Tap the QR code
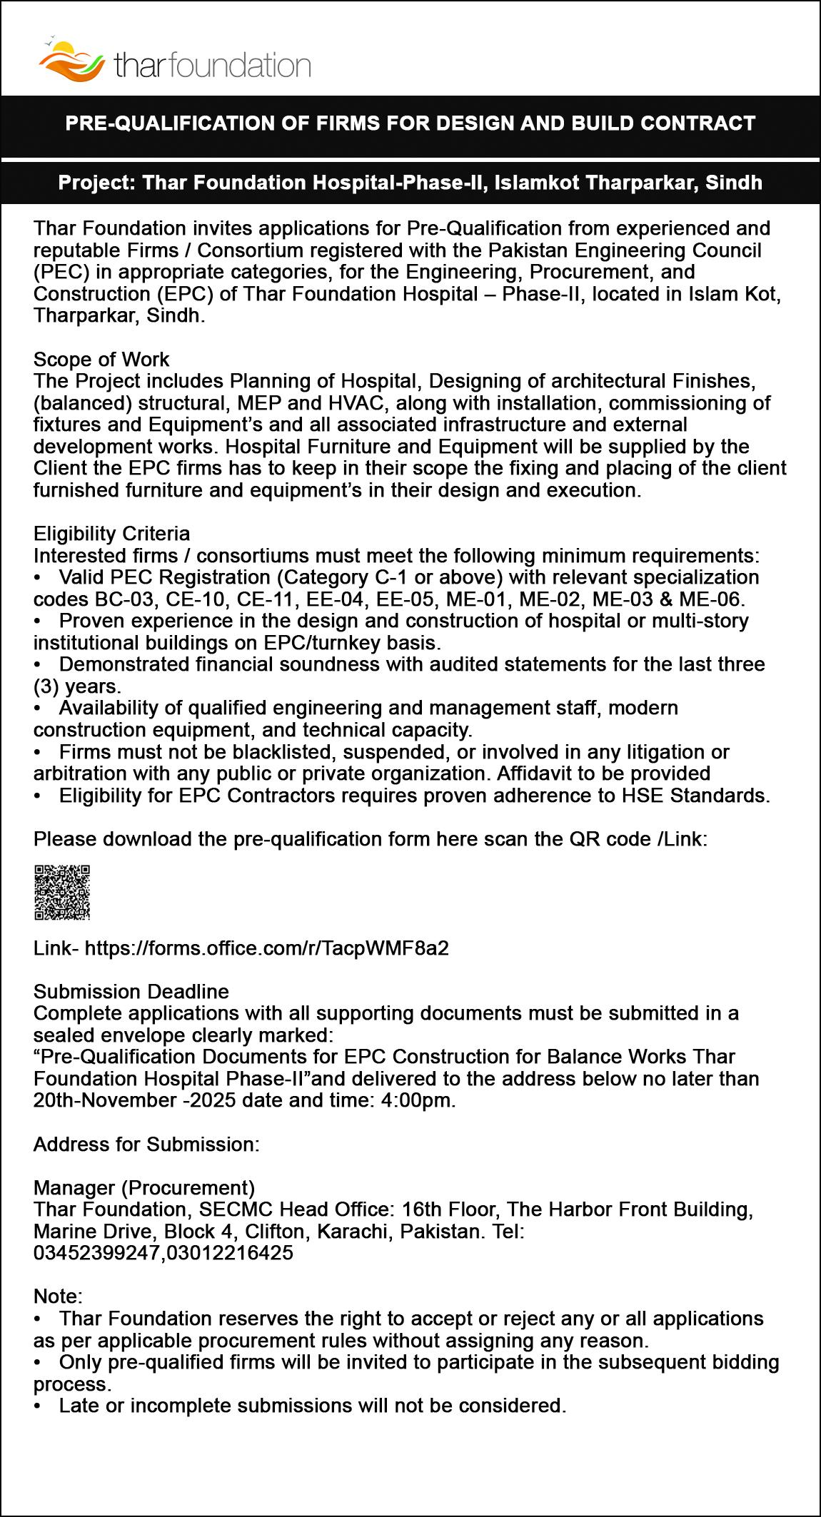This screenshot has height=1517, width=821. [x=62, y=892]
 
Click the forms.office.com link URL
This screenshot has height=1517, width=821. [x=267, y=948]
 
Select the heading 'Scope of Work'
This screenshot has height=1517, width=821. [x=101, y=359]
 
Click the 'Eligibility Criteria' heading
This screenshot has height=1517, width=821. [x=111, y=534]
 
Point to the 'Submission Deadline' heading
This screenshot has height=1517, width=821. [x=131, y=992]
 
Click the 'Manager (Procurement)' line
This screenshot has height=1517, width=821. [x=144, y=1187]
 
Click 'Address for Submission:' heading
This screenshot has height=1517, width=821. [x=146, y=1145]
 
